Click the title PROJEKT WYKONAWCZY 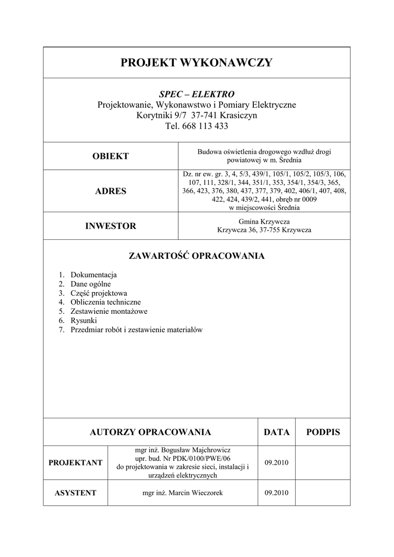tap(196, 63)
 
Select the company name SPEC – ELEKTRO tap(196, 94)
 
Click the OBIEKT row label tap(110, 156)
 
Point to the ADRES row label tap(110, 191)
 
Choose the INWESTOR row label tap(110, 226)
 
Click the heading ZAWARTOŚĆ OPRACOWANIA tap(196, 256)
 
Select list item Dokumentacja tap(93, 275)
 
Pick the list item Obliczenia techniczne tap(105, 302)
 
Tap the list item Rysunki tap(84, 320)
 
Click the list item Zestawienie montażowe tap(109, 311)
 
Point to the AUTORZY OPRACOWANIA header tap(150, 432)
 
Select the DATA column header tap(276, 432)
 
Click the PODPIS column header tap(323, 432)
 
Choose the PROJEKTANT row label tap(76, 463)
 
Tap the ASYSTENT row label tap(76, 493)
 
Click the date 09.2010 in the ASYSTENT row tap(276, 493)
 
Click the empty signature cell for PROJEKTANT tap(323, 463)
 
